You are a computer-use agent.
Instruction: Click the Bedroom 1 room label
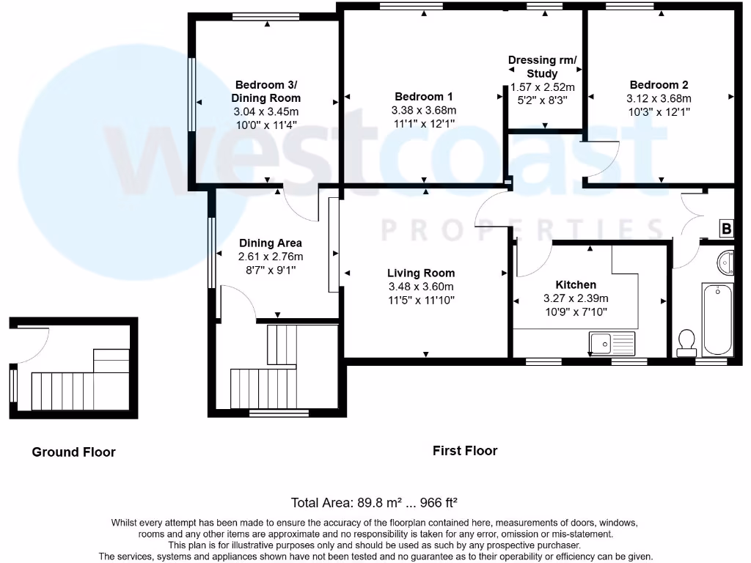(x=424, y=97)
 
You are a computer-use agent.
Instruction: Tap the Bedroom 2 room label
(x=659, y=85)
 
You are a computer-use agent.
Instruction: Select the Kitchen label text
(x=576, y=284)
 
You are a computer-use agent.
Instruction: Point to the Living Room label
(x=421, y=273)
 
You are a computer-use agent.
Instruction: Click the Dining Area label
(x=271, y=243)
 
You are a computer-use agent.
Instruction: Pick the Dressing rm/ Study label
(x=543, y=67)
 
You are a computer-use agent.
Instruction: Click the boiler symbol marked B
(x=726, y=229)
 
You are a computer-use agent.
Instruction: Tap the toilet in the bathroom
(x=686, y=342)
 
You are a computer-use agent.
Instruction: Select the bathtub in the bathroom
(x=718, y=318)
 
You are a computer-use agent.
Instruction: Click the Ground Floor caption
(x=73, y=452)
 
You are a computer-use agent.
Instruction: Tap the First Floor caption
(x=465, y=451)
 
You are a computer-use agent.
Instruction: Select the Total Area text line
(x=375, y=503)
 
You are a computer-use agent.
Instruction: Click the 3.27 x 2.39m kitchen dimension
(x=576, y=298)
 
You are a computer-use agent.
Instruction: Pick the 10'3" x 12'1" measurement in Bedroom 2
(x=659, y=112)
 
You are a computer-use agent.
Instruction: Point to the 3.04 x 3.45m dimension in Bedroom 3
(x=266, y=111)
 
